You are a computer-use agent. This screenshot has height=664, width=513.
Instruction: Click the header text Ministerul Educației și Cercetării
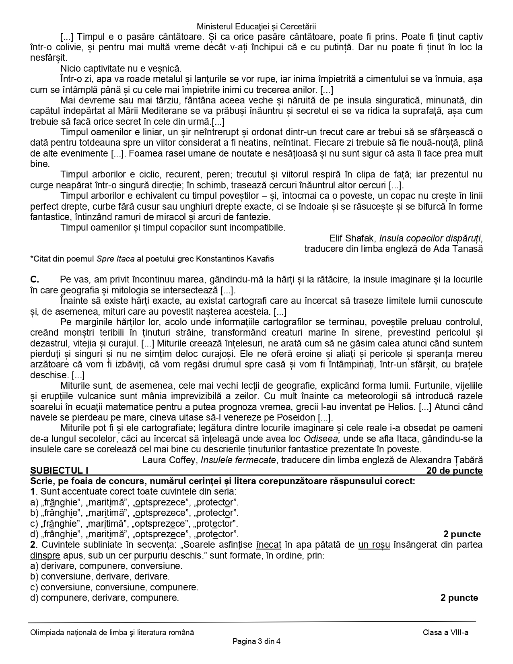pyautogui.click(x=256, y=27)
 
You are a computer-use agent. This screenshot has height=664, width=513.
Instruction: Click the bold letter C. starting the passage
pyautogui.click(x=35, y=279)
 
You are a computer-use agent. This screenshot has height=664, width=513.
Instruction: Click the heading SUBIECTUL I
pyautogui.click(x=59, y=470)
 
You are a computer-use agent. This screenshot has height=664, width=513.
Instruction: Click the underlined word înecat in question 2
pyautogui.click(x=268, y=545)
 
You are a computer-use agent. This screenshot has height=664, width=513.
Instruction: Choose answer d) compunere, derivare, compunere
pyautogui.click(x=105, y=598)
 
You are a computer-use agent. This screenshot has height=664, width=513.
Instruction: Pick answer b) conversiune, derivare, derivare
pyautogui.click(x=105, y=576)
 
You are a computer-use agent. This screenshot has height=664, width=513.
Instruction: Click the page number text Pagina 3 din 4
pyautogui.click(x=256, y=641)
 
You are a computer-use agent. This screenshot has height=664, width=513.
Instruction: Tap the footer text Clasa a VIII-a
pyautogui.click(x=445, y=632)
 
